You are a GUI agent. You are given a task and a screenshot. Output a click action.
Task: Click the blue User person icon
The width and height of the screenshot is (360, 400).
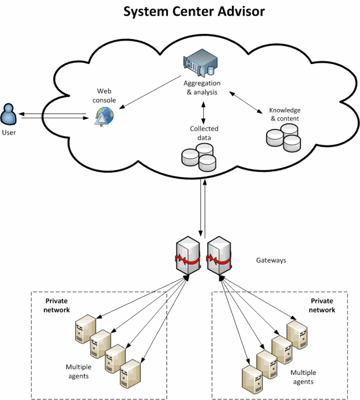[8, 115]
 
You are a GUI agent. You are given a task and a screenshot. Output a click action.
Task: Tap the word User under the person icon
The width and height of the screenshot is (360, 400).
[8, 132]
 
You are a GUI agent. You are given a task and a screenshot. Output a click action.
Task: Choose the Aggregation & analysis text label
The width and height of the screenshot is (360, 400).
[202, 87]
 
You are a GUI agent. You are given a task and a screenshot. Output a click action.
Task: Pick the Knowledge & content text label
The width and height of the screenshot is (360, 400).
[285, 114]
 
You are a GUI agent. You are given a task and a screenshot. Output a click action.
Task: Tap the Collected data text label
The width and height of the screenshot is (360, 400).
[204, 133]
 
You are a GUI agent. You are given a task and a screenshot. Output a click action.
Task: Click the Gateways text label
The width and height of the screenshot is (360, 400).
[271, 260]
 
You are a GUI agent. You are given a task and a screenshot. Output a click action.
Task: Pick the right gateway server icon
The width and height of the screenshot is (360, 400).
[218, 256]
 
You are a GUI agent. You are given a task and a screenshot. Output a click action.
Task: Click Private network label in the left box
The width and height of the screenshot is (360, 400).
[57, 305]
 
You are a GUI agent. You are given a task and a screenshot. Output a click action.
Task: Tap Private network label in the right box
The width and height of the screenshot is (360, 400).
[322, 305]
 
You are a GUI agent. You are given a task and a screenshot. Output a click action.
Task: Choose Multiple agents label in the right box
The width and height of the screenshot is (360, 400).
[303, 377]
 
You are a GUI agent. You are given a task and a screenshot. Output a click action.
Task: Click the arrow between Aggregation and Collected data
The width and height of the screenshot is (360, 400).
[203, 111]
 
